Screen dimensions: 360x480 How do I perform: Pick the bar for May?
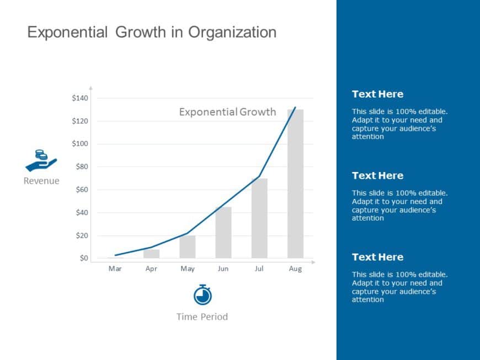(188, 246)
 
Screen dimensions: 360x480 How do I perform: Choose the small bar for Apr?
(151, 254)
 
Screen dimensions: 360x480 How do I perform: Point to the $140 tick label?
(80, 98)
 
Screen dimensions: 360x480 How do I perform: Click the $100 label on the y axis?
(80, 144)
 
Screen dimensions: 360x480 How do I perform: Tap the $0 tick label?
(83, 258)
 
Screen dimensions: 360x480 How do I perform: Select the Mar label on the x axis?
(115, 269)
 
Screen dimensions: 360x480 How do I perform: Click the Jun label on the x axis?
(223, 269)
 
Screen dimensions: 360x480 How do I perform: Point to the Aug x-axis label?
(295, 269)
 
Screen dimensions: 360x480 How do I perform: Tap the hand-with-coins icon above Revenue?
(41, 160)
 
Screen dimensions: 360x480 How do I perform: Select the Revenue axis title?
(41, 181)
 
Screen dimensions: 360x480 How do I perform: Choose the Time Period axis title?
(202, 316)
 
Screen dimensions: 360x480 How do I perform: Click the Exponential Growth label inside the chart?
(227, 112)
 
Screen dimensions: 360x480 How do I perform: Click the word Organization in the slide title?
(232, 32)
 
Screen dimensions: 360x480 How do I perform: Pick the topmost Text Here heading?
(377, 94)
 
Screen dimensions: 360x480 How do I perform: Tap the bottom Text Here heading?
(377, 257)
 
